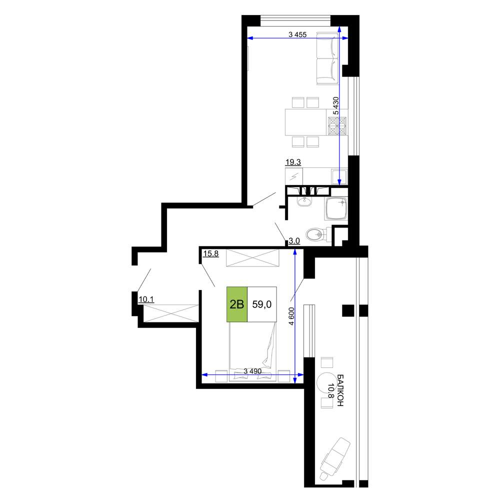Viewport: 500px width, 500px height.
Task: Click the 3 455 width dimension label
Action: pyautogui.click(x=297, y=34)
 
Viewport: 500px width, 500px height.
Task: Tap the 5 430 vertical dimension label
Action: pyautogui.click(x=336, y=105)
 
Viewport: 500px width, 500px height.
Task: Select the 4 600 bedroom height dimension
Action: pyautogui.click(x=291, y=316)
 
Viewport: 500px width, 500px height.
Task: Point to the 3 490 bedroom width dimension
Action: pyautogui.click(x=252, y=371)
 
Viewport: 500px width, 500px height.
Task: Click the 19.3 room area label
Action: pyautogui.click(x=293, y=162)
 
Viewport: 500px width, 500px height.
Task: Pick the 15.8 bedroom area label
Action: pyautogui.click(x=211, y=254)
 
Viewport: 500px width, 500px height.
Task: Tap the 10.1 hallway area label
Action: pyautogui.click(x=146, y=299)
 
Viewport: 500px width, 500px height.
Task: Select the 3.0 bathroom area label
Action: pyautogui.click(x=294, y=241)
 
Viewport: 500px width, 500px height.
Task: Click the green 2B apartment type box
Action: pyautogui.click(x=237, y=304)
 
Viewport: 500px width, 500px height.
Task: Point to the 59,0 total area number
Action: pyautogui.click(x=262, y=304)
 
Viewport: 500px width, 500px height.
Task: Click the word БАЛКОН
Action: pyautogui.click(x=340, y=390)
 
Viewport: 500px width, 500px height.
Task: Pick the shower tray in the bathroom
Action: pyautogui.click(x=336, y=208)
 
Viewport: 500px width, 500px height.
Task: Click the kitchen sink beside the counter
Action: pyautogui.click(x=339, y=176)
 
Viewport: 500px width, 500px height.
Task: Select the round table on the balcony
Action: pyautogui.click(x=325, y=380)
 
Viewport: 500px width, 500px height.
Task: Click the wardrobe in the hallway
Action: pyautogui.click(x=171, y=313)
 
